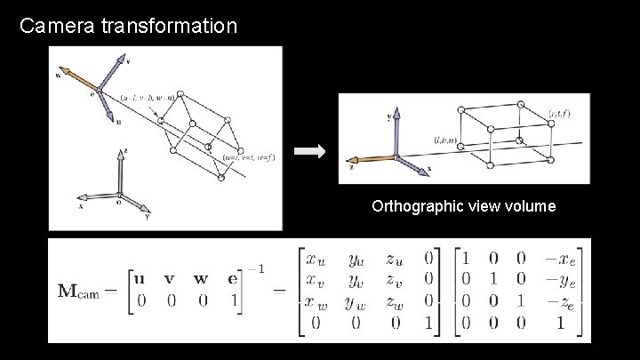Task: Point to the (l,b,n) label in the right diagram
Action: click(445, 140)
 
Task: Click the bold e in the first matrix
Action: click(232, 277)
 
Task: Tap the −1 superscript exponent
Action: click(255, 268)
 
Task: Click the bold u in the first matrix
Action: click(139, 277)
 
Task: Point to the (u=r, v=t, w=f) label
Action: click(250, 157)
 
